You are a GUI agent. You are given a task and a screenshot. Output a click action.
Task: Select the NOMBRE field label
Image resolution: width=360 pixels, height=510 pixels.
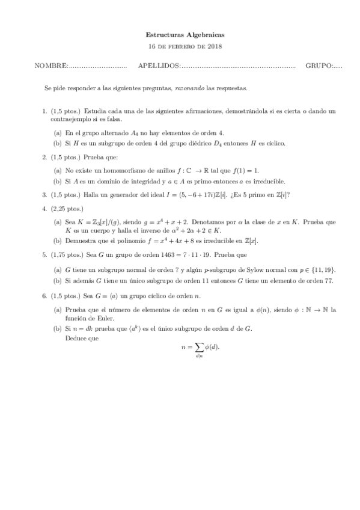click(x=51, y=66)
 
